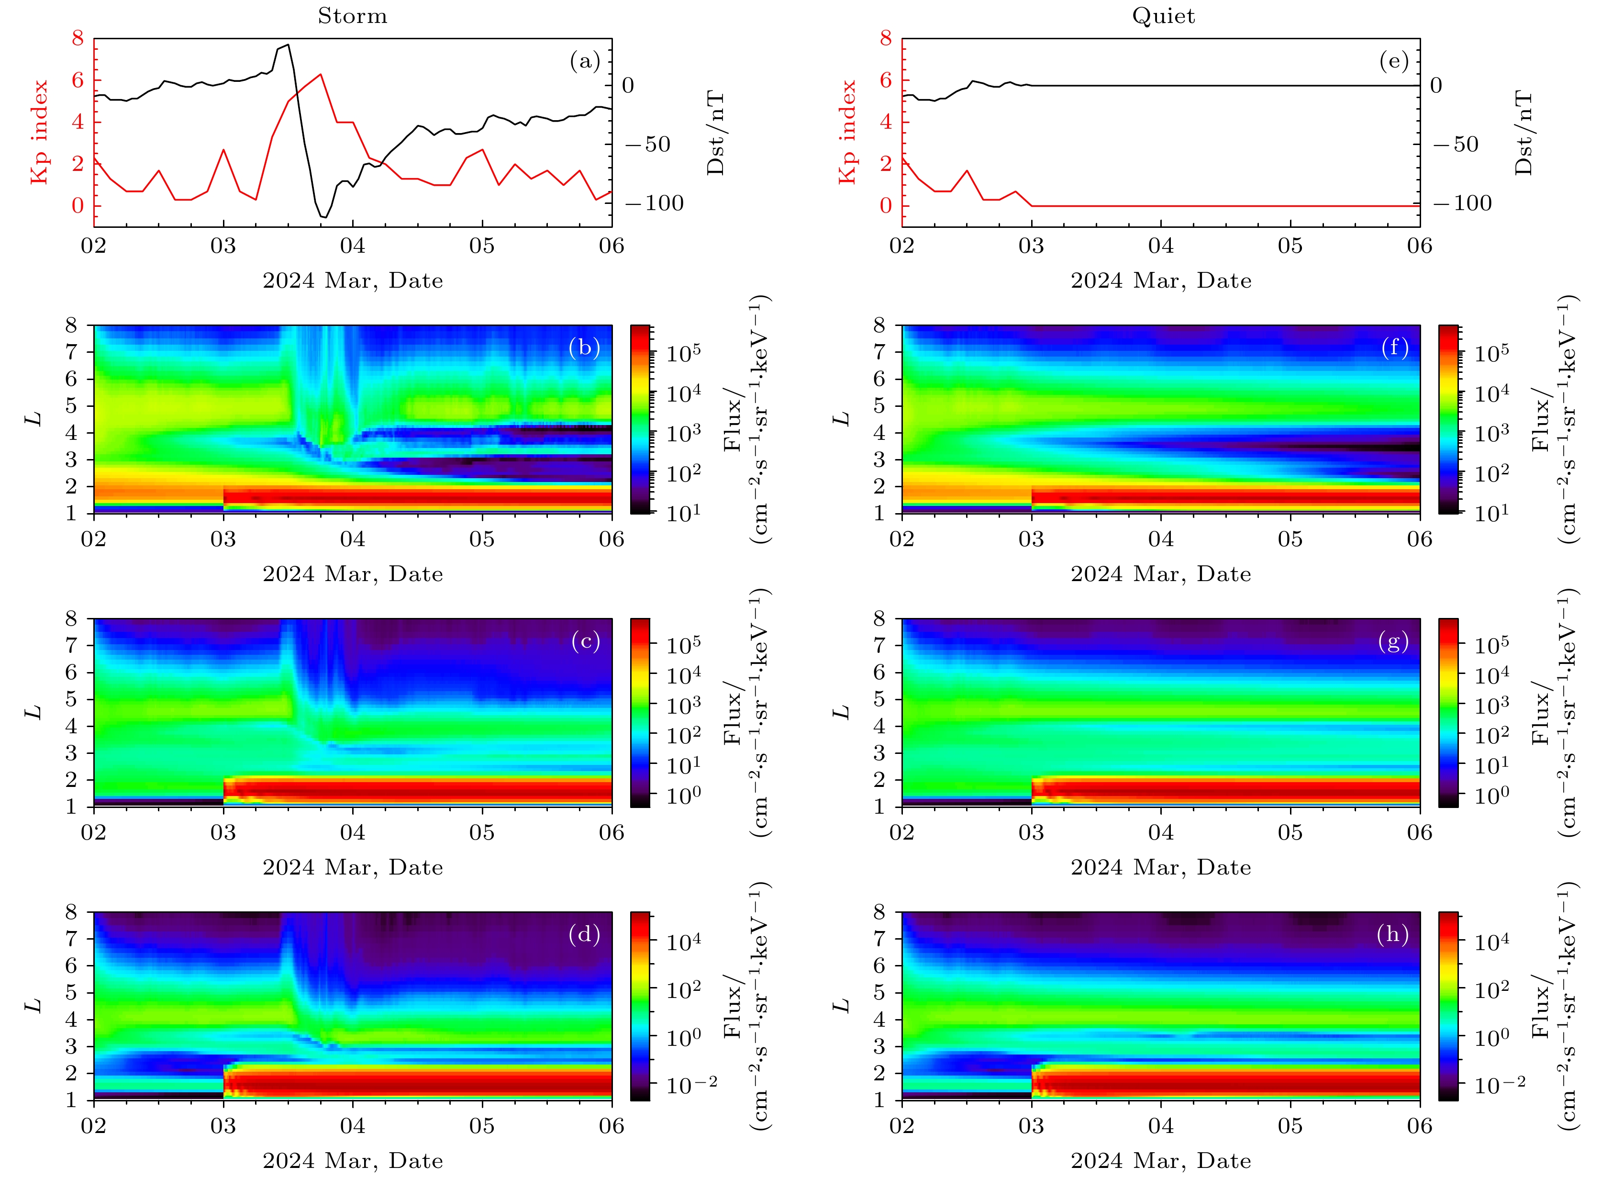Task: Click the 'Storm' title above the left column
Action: pos(352,16)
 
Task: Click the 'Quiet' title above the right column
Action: pos(1163,16)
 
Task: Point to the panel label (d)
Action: pos(585,934)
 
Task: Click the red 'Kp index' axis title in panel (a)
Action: pos(40,132)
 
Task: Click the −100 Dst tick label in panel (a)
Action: pos(655,203)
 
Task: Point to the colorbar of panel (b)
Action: pos(640,419)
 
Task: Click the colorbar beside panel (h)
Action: pos(1448,1006)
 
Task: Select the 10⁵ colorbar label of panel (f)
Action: pos(1492,353)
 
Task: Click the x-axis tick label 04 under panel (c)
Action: pos(352,833)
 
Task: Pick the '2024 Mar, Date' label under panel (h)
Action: pos(1160,1161)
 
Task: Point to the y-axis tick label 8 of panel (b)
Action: pos(71,325)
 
